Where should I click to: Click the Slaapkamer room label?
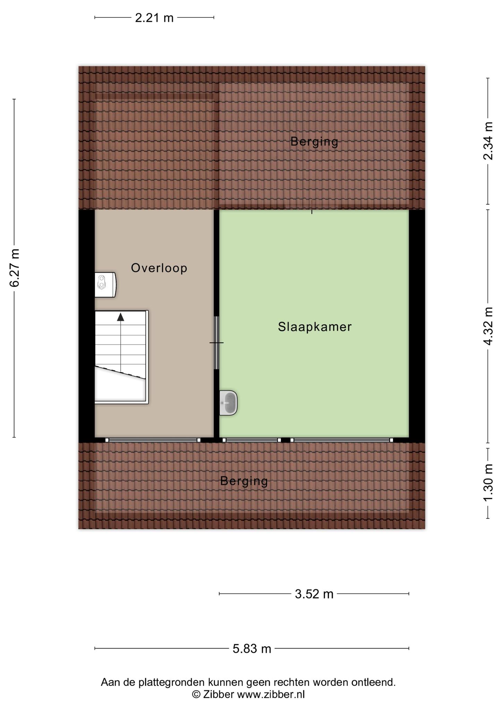click(x=315, y=327)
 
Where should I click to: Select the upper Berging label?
click(x=314, y=142)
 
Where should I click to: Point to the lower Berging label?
click(x=244, y=481)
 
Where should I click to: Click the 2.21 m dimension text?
click(x=154, y=18)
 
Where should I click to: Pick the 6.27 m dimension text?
click(x=15, y=268)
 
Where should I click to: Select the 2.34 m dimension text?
click(x=488, y=141)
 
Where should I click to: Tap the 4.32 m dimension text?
click(x=488, y=326)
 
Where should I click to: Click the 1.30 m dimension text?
click(x=488, y=483)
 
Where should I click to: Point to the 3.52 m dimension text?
click(x=314, y=594)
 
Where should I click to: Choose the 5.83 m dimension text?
click(x=252, y=649)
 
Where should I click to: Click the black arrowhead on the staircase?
click(x=120, y=317)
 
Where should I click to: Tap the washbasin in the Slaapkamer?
click(x=228, y=403)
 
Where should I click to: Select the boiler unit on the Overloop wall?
click(x=105, y=285)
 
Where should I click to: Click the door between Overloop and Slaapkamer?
click(x=217, y=343)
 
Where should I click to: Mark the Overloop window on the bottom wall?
click(x=153, y=440)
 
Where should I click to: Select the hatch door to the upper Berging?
click(x=312, y=207)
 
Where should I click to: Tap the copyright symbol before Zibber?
click(x=197, y=694)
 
